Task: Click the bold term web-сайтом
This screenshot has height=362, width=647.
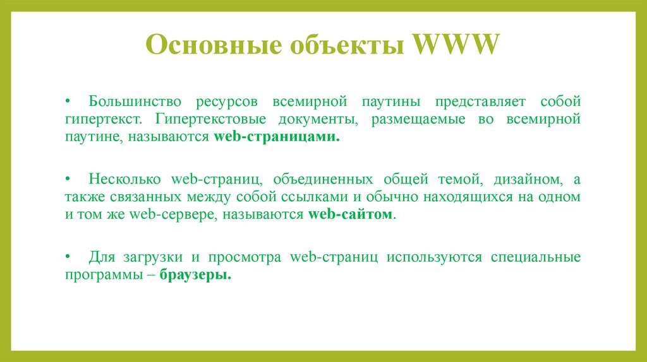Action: (x=351, y=214)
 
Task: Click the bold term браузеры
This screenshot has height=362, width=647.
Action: (x=195, y=276)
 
